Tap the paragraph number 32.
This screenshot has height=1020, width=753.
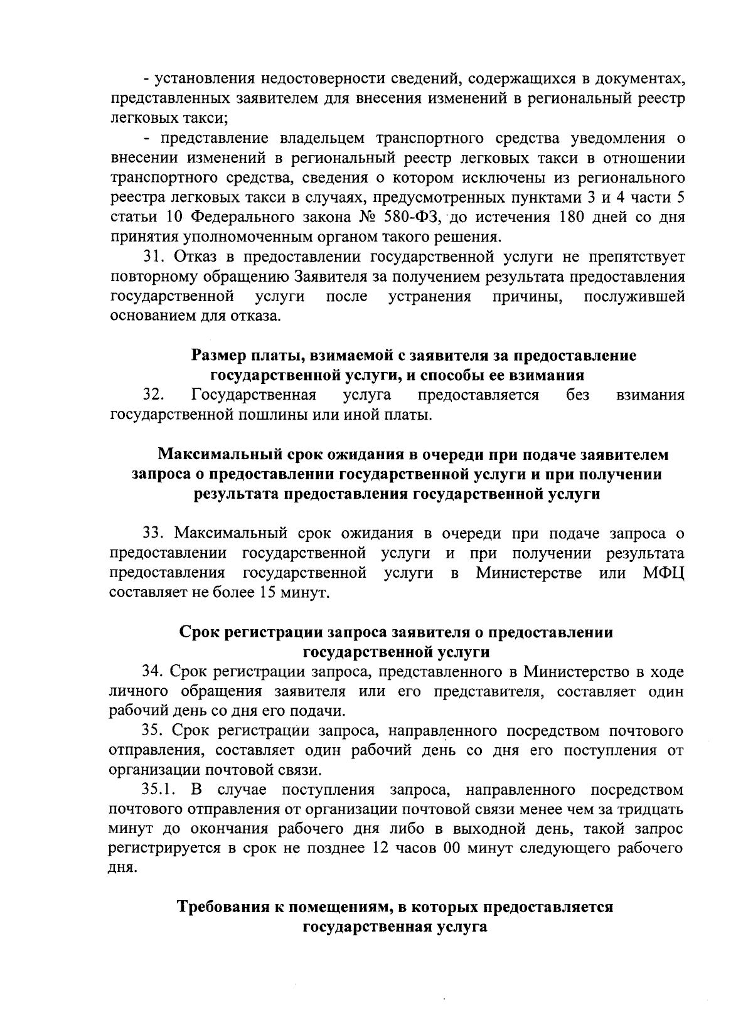tap(154, 395)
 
